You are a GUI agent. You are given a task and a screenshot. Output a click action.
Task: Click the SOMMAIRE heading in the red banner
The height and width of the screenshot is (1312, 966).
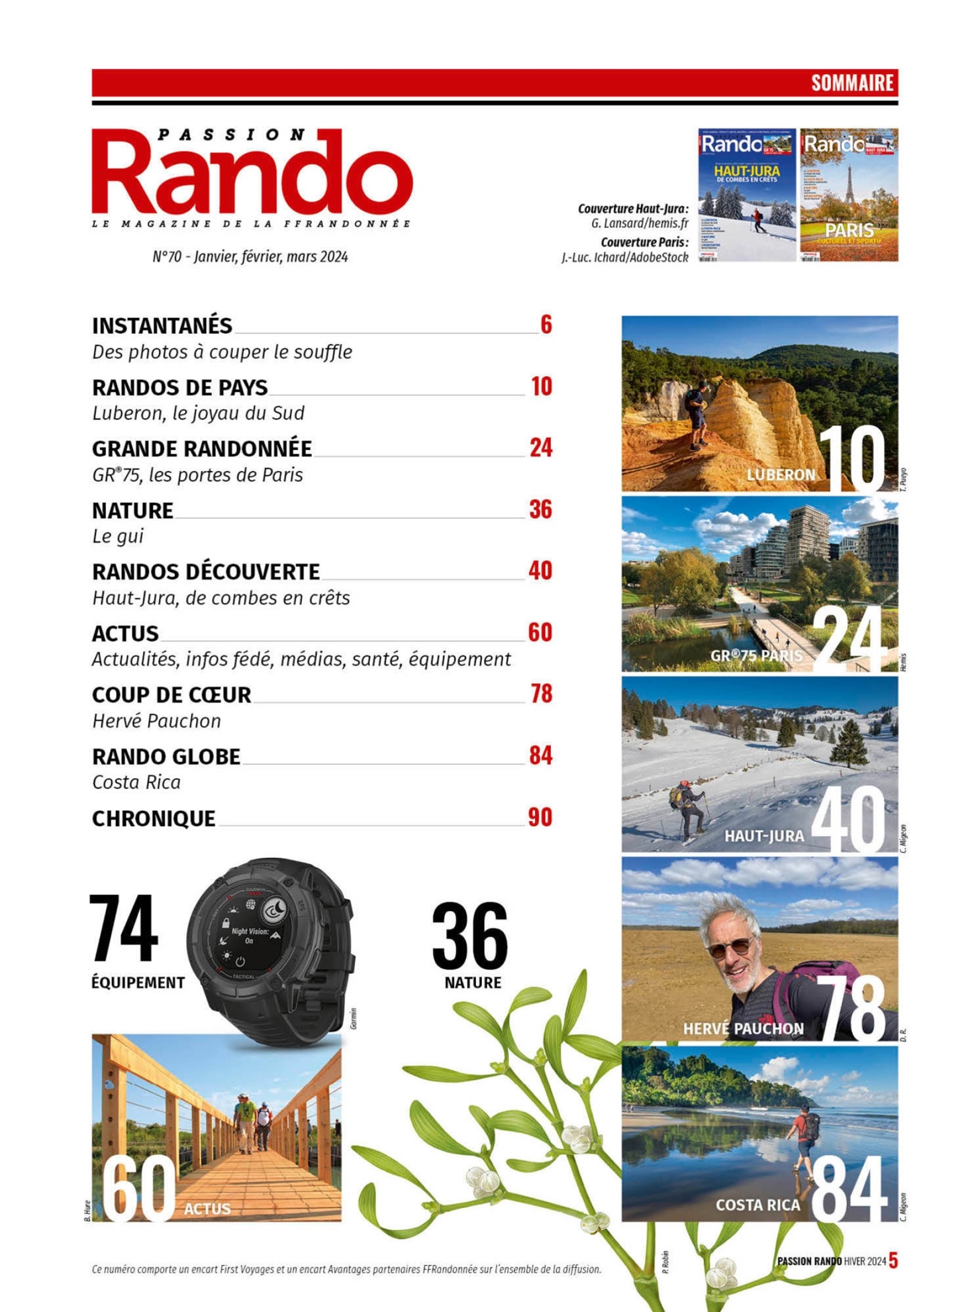pos(852,83)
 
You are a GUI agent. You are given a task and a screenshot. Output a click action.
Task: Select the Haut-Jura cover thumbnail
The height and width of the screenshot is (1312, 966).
pos(746,195)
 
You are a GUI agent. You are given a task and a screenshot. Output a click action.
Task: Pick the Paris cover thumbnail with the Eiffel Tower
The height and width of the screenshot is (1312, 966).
pos(849,195)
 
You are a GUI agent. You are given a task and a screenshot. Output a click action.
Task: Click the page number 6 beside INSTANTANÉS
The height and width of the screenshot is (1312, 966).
pos(546,325)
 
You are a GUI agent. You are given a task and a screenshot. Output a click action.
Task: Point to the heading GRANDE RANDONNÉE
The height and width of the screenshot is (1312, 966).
pos(202,449)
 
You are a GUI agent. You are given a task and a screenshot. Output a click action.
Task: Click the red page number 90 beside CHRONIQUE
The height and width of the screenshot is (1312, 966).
pos(540,817)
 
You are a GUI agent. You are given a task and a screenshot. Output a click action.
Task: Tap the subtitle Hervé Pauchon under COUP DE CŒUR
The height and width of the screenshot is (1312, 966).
pos(156,721)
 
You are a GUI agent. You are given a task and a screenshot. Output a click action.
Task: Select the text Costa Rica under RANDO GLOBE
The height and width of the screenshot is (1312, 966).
pos(136,783)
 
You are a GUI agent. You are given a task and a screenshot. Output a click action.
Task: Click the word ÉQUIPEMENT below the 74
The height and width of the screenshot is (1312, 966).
pos(138,983)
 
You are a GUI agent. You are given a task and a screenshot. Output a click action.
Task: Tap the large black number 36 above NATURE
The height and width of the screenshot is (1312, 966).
pos(469,936)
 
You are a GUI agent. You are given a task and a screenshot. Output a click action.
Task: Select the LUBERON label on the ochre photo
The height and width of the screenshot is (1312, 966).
pos(781,474)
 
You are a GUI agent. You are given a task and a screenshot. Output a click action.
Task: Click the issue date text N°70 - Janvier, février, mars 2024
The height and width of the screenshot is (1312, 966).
pos(250,257)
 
